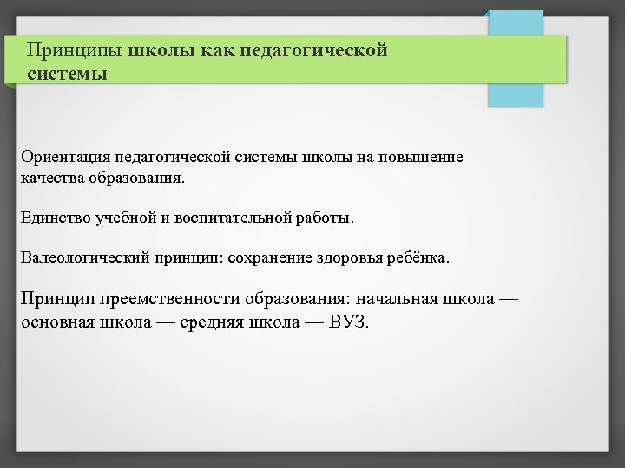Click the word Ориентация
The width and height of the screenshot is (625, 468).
tap(64, 157)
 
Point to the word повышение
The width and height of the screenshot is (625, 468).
tap(423, 157)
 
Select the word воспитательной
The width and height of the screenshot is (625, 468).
tap(229, 218)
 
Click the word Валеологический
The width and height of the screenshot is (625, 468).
tap(85, 258)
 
